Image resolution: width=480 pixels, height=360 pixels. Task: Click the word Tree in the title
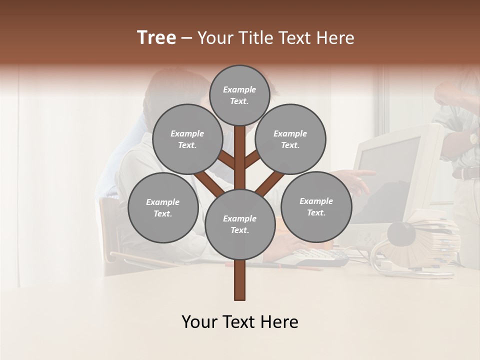point(156,37)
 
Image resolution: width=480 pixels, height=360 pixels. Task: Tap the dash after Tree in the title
point(186,38)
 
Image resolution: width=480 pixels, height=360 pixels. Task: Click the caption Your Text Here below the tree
point(239,322)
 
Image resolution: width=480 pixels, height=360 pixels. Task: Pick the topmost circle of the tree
point(239,95)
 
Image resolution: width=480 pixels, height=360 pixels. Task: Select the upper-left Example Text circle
point(187,139)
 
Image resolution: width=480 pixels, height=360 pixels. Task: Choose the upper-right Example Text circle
point(290,139)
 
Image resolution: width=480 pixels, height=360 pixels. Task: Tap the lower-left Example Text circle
point(163,207)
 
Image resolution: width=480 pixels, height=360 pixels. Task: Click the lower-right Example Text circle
point(316,206)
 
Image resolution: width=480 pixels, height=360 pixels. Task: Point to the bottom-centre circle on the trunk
point(240,224)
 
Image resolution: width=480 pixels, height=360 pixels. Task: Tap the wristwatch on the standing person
point(472,138)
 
